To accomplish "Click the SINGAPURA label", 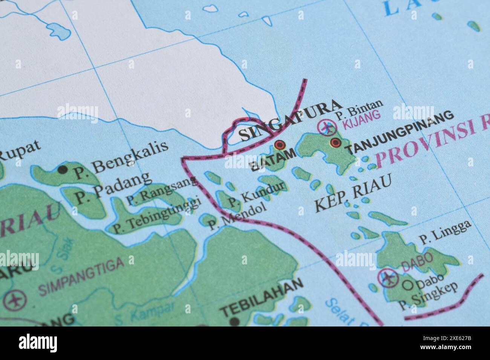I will pos(290,121).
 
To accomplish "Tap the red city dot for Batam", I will pos(280,145).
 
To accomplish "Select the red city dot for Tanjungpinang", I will pos(335,142).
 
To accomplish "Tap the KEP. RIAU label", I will pos(352,196).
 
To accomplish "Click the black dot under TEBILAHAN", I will pos(234,322).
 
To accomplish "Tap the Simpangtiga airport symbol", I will pos(15,301).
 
